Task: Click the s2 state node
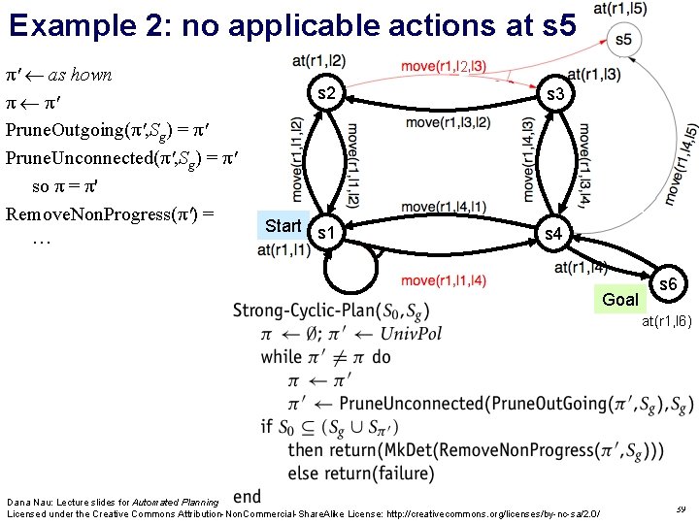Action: (326, 94)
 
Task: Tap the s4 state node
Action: (552, 234)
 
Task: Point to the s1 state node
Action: (327, 234)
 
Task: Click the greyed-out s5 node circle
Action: (622, 40)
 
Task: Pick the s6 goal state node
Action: (668, 285)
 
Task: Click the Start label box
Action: (283, 226)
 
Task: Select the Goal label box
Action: (620, 299)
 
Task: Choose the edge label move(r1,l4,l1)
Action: (443, 207)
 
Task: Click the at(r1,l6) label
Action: (665, 321)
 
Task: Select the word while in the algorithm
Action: (283, 357)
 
